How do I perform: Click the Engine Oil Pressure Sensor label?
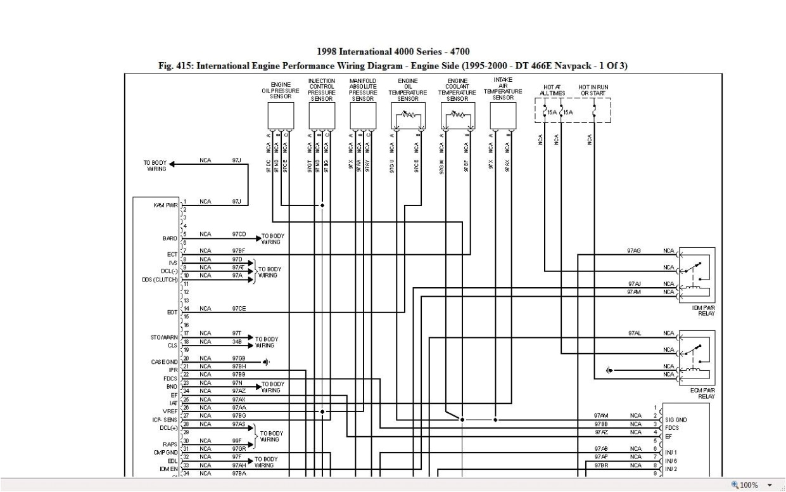(x=281, y=91)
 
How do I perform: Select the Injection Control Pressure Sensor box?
(x=321, y=115)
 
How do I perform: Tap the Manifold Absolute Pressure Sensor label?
(x=362, y=90)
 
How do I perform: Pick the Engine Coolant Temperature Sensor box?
(x=457, y=115)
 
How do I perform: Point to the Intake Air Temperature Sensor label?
(x=503, y=88)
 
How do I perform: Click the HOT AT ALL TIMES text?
(x=552, y=90)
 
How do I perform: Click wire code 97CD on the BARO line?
(x=239, y=234)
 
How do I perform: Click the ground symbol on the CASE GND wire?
(x=267, y=362)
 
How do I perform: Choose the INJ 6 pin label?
(x=671, y=460)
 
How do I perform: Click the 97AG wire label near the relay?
(x=634, y=250)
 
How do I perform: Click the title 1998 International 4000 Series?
(x=393, y=51)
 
